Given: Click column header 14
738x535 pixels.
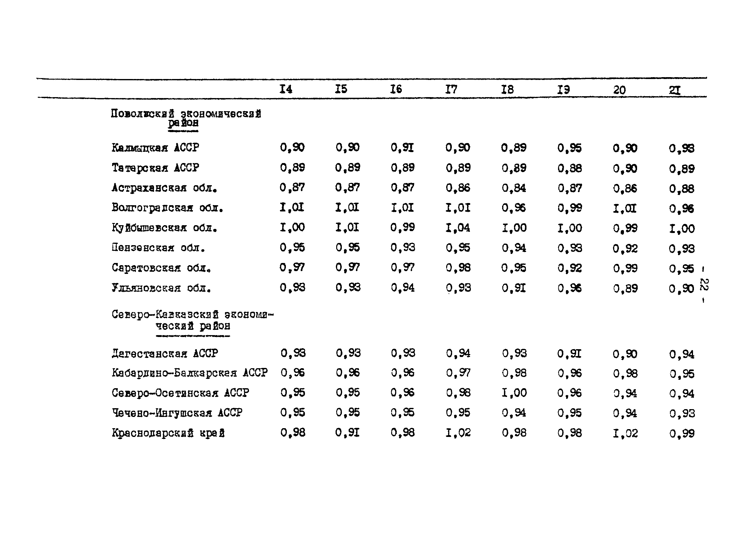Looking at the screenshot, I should pos(286,89).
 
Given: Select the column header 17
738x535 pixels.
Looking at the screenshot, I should pos(451,89).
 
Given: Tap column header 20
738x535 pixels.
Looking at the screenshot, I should pos(619,90).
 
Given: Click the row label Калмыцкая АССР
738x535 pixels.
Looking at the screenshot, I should pos(155,148).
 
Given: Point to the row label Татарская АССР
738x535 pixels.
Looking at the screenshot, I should pos(155,168).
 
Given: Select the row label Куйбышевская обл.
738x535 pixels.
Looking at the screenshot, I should pos(164,228).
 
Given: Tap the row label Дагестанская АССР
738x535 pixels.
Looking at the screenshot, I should pos(165,354).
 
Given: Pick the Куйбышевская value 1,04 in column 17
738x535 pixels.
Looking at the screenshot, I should pos(458,228).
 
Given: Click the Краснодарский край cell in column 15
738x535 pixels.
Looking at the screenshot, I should pos(347,433).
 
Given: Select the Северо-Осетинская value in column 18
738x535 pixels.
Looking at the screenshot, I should pos(514,393).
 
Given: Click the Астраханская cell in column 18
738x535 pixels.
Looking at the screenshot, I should pos(514,188).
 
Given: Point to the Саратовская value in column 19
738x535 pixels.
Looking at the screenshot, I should pos(570,268).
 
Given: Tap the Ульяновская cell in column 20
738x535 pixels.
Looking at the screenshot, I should pos(625,288).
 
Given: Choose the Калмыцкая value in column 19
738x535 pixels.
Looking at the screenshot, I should pos(570,148).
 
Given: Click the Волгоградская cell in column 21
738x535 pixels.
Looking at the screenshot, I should pos(681,208).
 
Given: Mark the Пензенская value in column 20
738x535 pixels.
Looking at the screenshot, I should pos(625,249).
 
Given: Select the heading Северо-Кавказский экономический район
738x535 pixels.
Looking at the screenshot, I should pos(193,320).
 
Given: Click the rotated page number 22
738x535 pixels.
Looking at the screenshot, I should pos(704,285).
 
